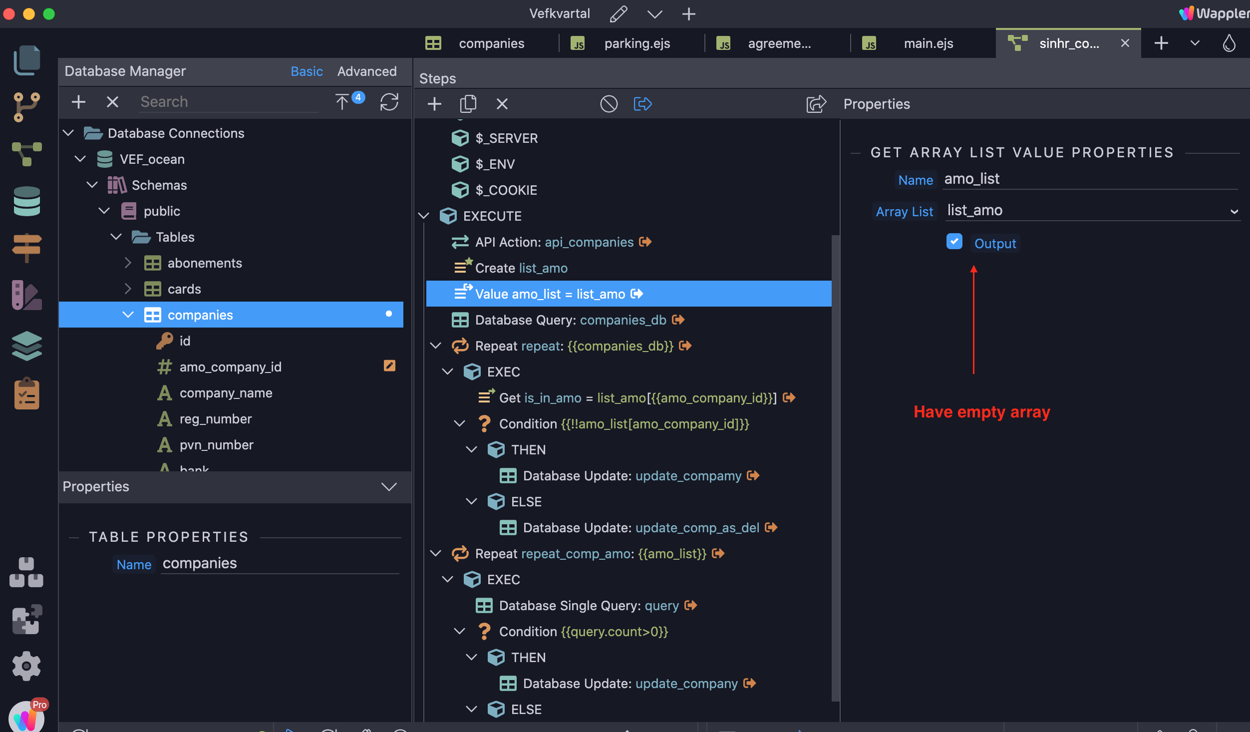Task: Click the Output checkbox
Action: point(954,242)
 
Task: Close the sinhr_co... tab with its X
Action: point(1125,43)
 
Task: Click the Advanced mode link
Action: point(367,71)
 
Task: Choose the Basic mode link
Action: point(307,71)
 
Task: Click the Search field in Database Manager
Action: point(229,102)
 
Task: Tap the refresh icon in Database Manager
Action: point(389,102)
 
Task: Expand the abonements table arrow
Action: point(128,263)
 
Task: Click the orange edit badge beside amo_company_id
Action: point(389,366)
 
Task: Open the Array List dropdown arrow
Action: point(1234,212)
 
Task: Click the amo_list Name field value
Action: point(971,179)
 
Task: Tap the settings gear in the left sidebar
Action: point(26,666)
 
